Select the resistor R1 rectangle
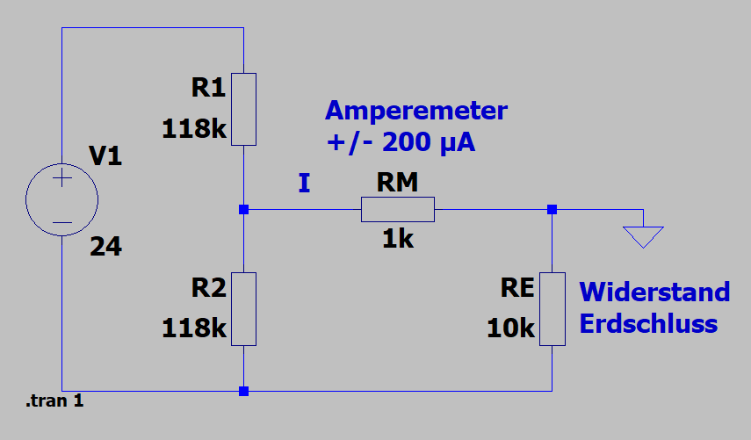point(243,109)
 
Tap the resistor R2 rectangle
point(243,309)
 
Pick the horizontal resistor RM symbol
point(397,209)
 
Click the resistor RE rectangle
point(552,309)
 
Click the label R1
point(208,88)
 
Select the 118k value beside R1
point(194,130)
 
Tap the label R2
point(208,286)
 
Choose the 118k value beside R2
point(194,328)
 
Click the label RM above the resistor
point(397,183)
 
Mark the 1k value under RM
point(397,239)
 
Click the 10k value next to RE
point(511,328)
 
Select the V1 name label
point(106,158)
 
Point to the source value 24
point(105,248)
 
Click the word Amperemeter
point(415,112)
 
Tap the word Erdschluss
point(648,323)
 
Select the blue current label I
point(304,184)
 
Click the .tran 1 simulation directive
point(54,401)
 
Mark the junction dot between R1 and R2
point(243,209)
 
